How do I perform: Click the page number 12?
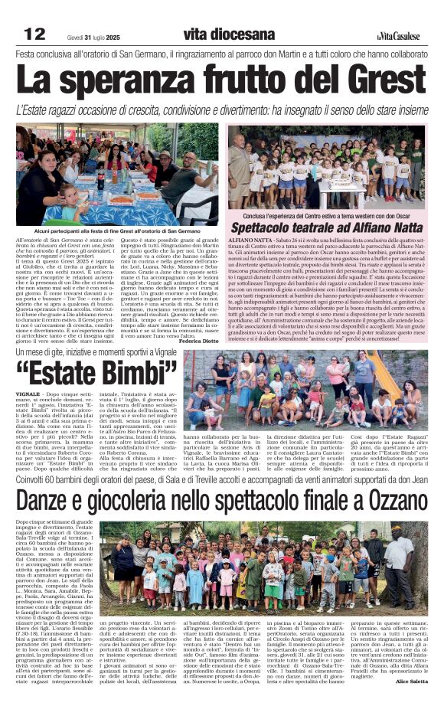click(x=35, y=34)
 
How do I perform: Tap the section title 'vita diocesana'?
click(x=229, y=34)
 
